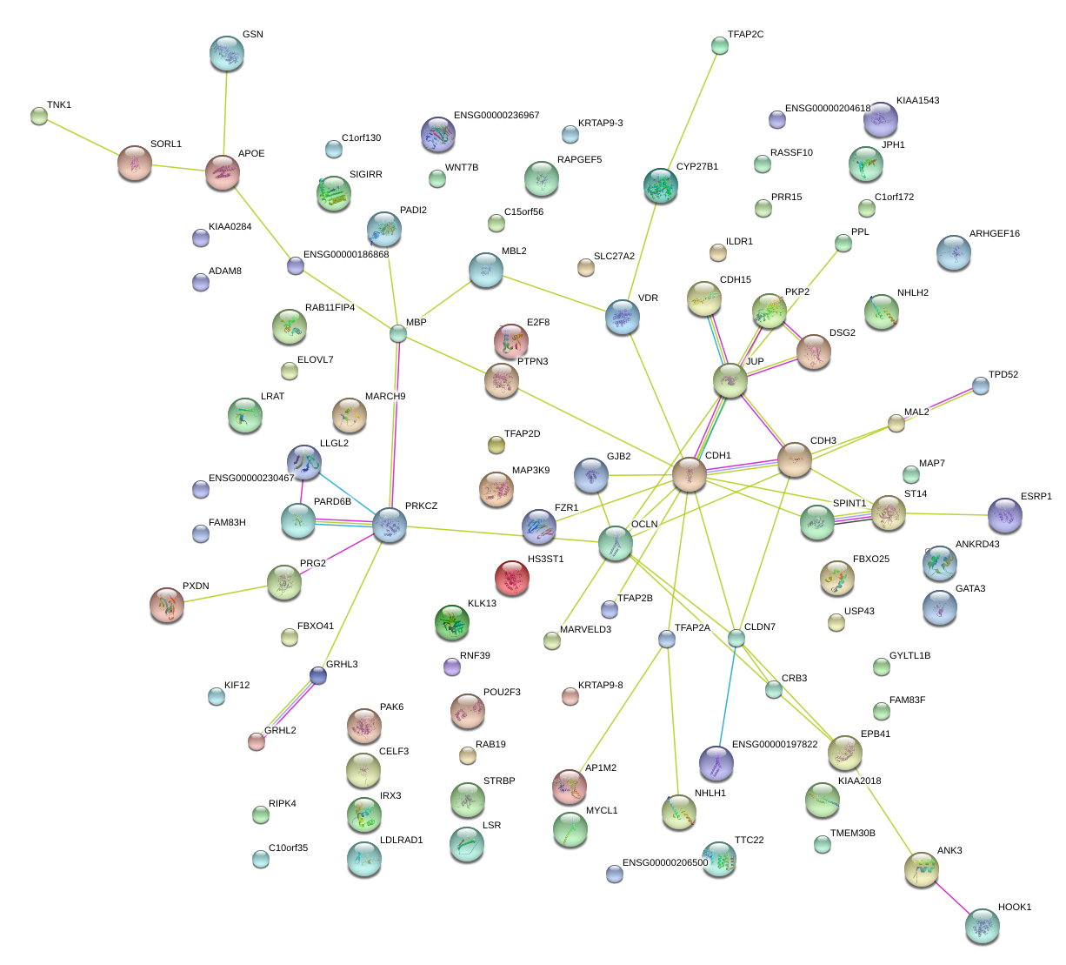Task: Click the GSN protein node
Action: [x=227, y=54]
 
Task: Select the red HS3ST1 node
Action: [x=512, y=578]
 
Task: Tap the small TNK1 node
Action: [x=38, y=115]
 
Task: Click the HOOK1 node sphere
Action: [x=982, y=926]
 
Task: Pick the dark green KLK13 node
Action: [x=452, y=621]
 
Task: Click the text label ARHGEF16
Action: [x=995, y=234]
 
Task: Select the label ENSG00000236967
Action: [x=496, y=116]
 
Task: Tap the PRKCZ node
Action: [x=390, y=526]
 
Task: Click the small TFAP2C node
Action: [x=719, y=45]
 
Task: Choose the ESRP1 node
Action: [x=1005, y=515]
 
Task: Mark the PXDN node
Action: [x=167, y=605]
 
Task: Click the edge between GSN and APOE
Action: [x=225, y=113]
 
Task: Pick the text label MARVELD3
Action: [x=585, y=630]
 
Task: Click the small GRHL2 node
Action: [x=257, y=741]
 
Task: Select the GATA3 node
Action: [x=939, y=607]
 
